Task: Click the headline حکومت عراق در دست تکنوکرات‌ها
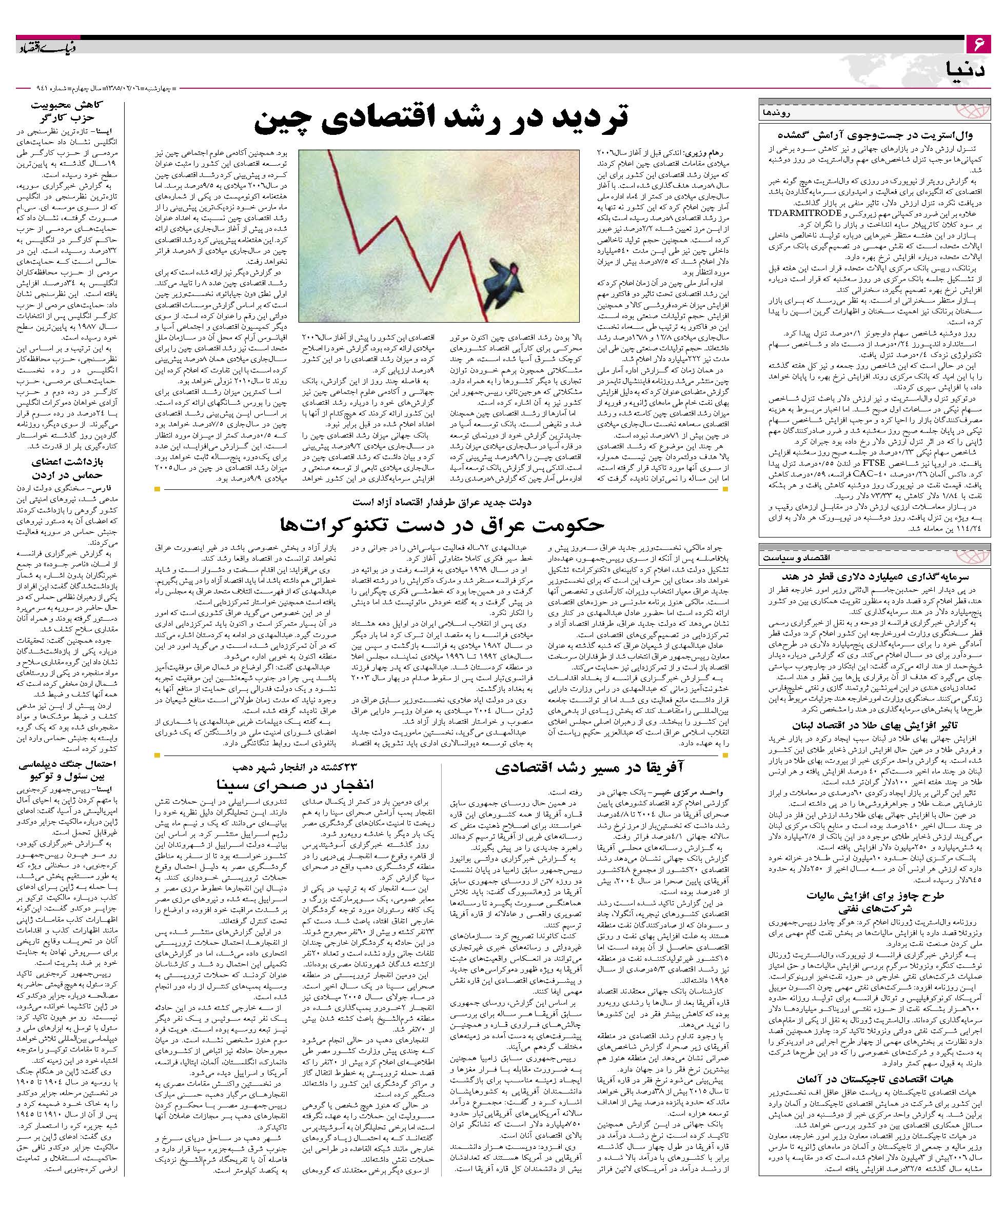(x=442, y=524)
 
